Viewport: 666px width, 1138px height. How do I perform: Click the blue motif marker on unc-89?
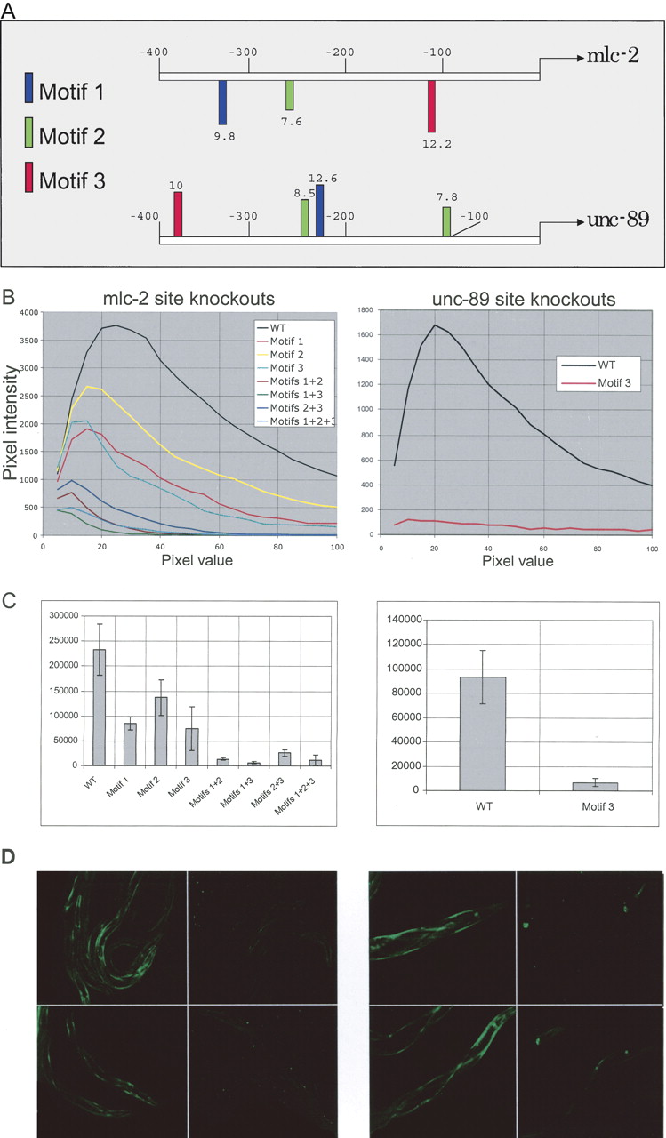click(319, 211)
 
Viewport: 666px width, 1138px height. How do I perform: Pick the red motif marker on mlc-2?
click(431, 104)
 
